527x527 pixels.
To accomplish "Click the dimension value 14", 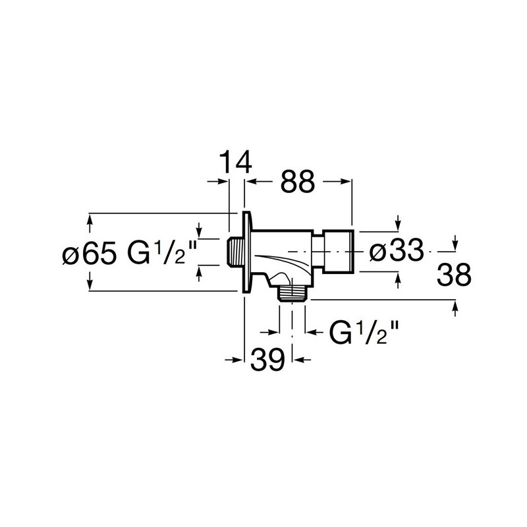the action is tap(236, 162).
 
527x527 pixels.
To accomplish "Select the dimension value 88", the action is tap(298, 182).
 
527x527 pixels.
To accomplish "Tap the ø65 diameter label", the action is tap(90, 252).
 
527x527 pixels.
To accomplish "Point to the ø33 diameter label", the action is tap(397, 250).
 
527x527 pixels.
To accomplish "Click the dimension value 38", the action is tap(454, 275).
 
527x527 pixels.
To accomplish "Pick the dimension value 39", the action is tap(267, 359).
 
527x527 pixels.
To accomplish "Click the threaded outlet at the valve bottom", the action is tap(292, 293).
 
